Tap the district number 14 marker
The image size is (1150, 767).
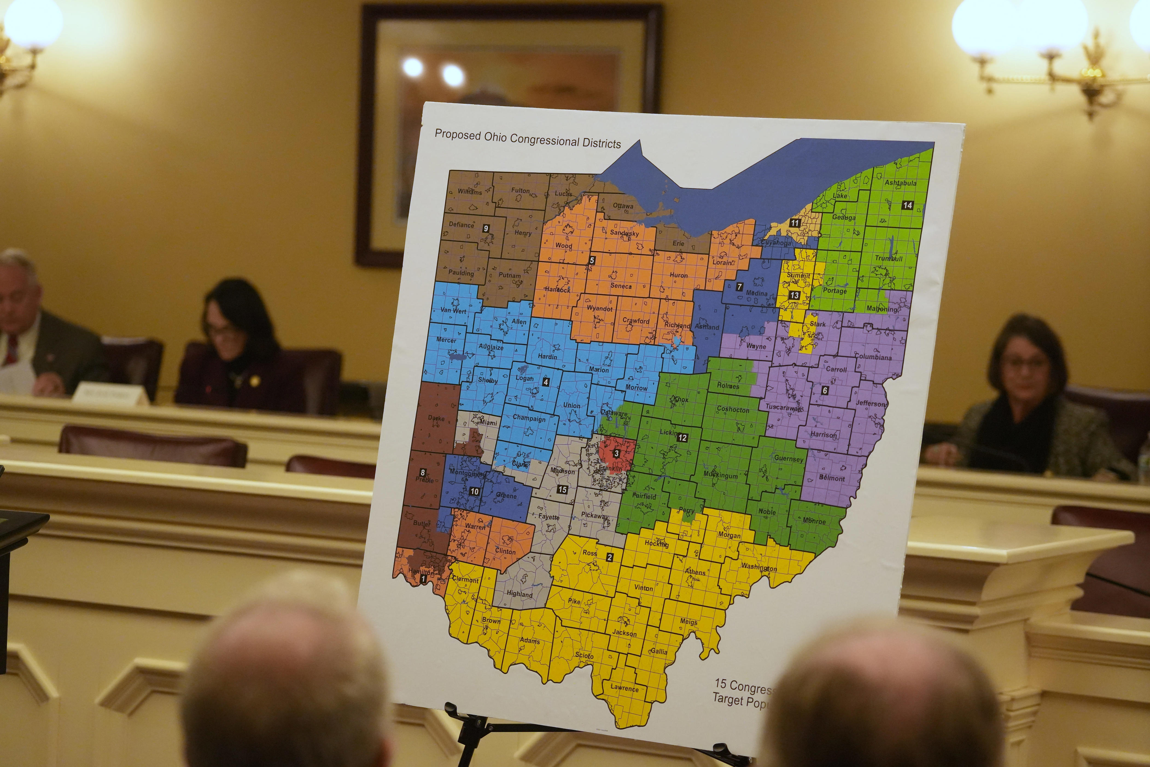(x=907, y=205)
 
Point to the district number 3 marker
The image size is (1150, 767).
(x=617, y=454)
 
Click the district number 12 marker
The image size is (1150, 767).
(x=682, y=437)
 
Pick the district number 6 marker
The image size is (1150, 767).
(x=825, y=390)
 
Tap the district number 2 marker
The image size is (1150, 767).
(x=610, y=557)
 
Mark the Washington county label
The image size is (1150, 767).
(x=758, y=567)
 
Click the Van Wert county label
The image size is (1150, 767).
(x=453, y=311)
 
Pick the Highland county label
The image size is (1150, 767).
(x=519, y=594)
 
